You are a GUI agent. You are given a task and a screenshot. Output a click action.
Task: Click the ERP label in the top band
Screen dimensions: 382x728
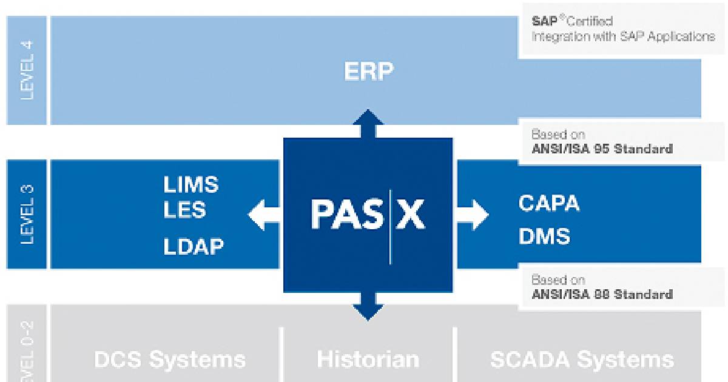[x=368, y=72]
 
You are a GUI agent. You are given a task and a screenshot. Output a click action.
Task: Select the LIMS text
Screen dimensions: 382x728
[x=190, y=184]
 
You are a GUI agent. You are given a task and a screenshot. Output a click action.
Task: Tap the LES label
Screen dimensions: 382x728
[x=184, y=211]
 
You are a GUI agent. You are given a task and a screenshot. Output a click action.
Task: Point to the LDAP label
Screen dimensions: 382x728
[x=193, y=246]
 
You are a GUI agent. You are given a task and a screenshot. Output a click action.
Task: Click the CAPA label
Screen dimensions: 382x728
[x=549, y=204]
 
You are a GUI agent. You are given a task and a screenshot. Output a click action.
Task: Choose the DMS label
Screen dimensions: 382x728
[x=544, y=236]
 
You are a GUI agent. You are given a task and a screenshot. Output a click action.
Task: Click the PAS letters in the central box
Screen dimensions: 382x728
[x=346, y=215]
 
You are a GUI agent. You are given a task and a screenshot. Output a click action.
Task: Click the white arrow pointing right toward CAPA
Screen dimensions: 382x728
[x=473, y=214]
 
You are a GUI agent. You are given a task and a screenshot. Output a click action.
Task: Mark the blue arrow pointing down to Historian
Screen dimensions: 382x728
[x=368, y=306]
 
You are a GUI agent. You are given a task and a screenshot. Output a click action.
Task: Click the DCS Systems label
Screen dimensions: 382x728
[x=170, y=359]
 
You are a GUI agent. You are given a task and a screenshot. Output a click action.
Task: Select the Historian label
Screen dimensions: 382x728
[x=368, y=359]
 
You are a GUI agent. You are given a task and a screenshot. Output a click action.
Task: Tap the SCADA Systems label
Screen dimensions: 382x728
[x=582, y=359]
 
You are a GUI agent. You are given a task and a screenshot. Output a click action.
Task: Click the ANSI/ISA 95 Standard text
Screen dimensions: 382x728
[x=602, y=149]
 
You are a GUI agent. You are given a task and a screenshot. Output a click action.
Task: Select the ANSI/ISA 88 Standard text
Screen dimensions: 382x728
[x=602, y=295]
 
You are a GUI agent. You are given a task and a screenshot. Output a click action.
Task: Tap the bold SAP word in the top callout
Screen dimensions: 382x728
[x=544, y=21]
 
